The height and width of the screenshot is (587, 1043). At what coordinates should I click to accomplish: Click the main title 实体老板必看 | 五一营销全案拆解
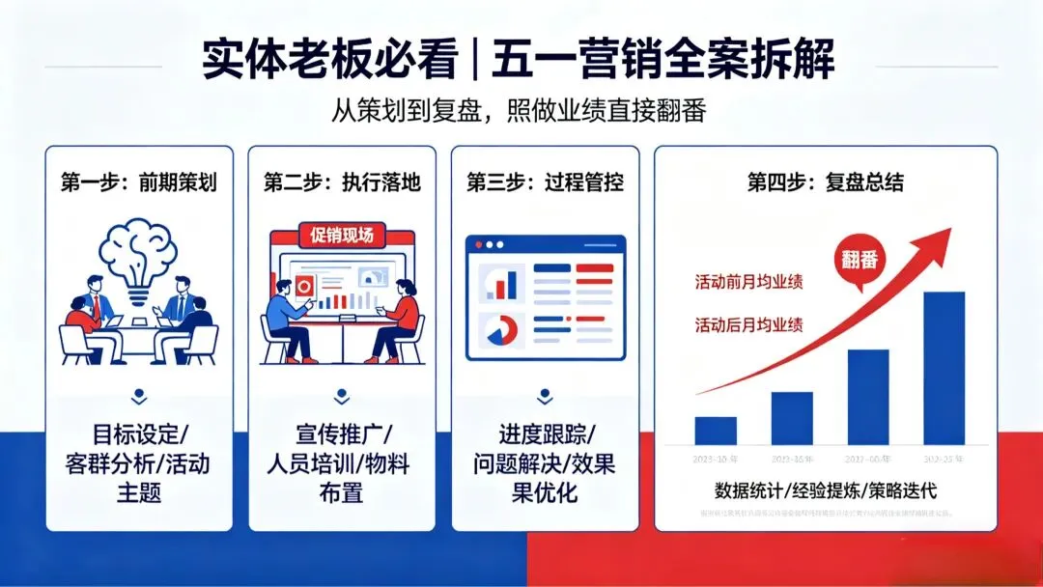[519, 60]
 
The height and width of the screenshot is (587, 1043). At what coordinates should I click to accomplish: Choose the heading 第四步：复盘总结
[826, 182]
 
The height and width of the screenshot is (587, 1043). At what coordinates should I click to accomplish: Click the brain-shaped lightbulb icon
[140, 254]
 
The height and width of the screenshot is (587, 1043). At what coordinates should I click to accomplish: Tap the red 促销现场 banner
[342, 235]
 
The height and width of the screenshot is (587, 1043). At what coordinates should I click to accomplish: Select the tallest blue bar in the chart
[944, 367]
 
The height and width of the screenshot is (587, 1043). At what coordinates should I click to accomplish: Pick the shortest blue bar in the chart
[716, 430]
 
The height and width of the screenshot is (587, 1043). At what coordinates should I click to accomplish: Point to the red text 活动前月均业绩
[748, 282]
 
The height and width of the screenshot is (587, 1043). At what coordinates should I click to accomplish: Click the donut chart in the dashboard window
[501, 330]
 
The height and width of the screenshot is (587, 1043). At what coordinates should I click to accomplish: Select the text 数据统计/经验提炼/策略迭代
[826, 489]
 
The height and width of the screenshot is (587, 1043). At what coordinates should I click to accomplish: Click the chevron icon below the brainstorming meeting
[140, 395]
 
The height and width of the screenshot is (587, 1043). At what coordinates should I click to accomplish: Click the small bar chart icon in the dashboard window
[502, 282]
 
